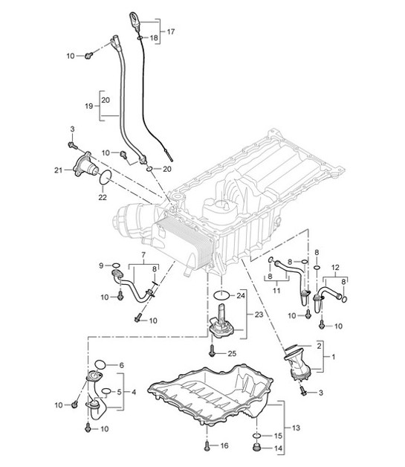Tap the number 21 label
click(58, 173)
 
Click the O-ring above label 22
click(106, 178)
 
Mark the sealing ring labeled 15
click(256, 434)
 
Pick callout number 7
click(138, 254)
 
